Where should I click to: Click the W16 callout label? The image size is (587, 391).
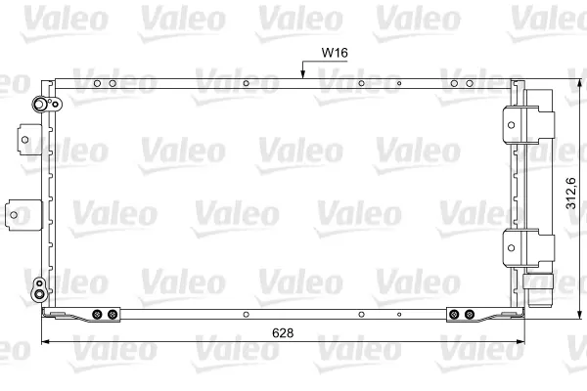(335, 53)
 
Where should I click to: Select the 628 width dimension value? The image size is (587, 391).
(283, 332)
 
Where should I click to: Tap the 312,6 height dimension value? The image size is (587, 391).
(570, 194)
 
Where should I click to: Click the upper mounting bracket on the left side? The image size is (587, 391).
(28, 139)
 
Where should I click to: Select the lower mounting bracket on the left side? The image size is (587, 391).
(23, 215)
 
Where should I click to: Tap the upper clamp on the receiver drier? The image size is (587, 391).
(528, 124)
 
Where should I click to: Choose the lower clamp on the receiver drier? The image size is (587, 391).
(528, 248)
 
